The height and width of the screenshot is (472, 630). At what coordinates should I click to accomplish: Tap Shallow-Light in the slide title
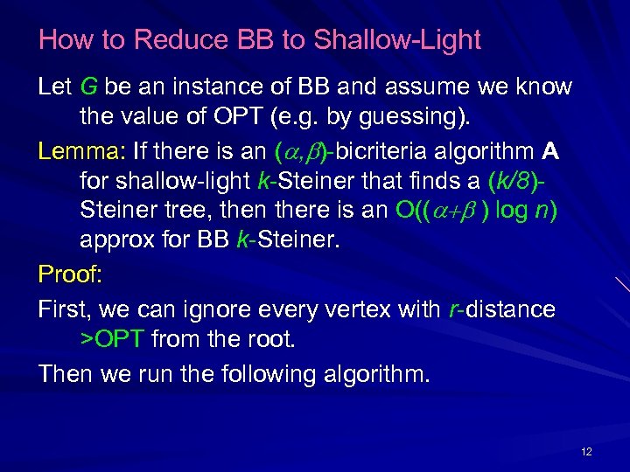click(397, 40)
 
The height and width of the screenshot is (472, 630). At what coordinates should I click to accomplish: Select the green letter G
click(89, 87)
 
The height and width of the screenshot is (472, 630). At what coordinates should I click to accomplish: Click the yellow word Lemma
click(70, 152)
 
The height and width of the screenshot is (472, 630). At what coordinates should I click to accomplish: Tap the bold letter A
click(550, 152)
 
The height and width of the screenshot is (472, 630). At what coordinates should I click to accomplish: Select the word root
click(271, 339)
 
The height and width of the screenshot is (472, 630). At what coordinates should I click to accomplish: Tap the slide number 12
click(586, 451)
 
